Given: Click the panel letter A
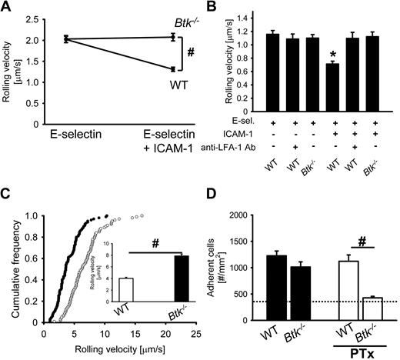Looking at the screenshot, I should (x=8, y=8).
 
